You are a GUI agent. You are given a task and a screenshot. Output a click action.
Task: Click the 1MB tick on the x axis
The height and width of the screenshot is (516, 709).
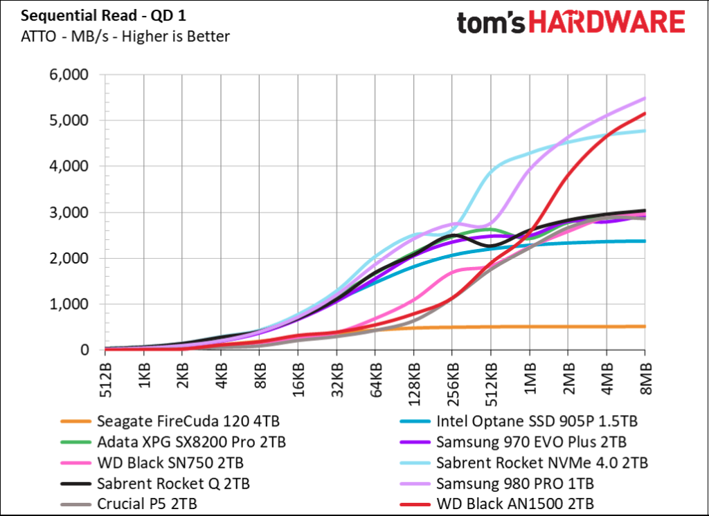pyautogui.click(x=530, y=379)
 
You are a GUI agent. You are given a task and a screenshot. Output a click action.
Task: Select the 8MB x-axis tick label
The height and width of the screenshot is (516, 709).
pyautogui.click(x=645, y=379)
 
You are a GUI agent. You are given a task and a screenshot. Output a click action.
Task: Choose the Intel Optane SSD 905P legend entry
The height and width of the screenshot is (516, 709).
pyautogui.click(x=537, y=421)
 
